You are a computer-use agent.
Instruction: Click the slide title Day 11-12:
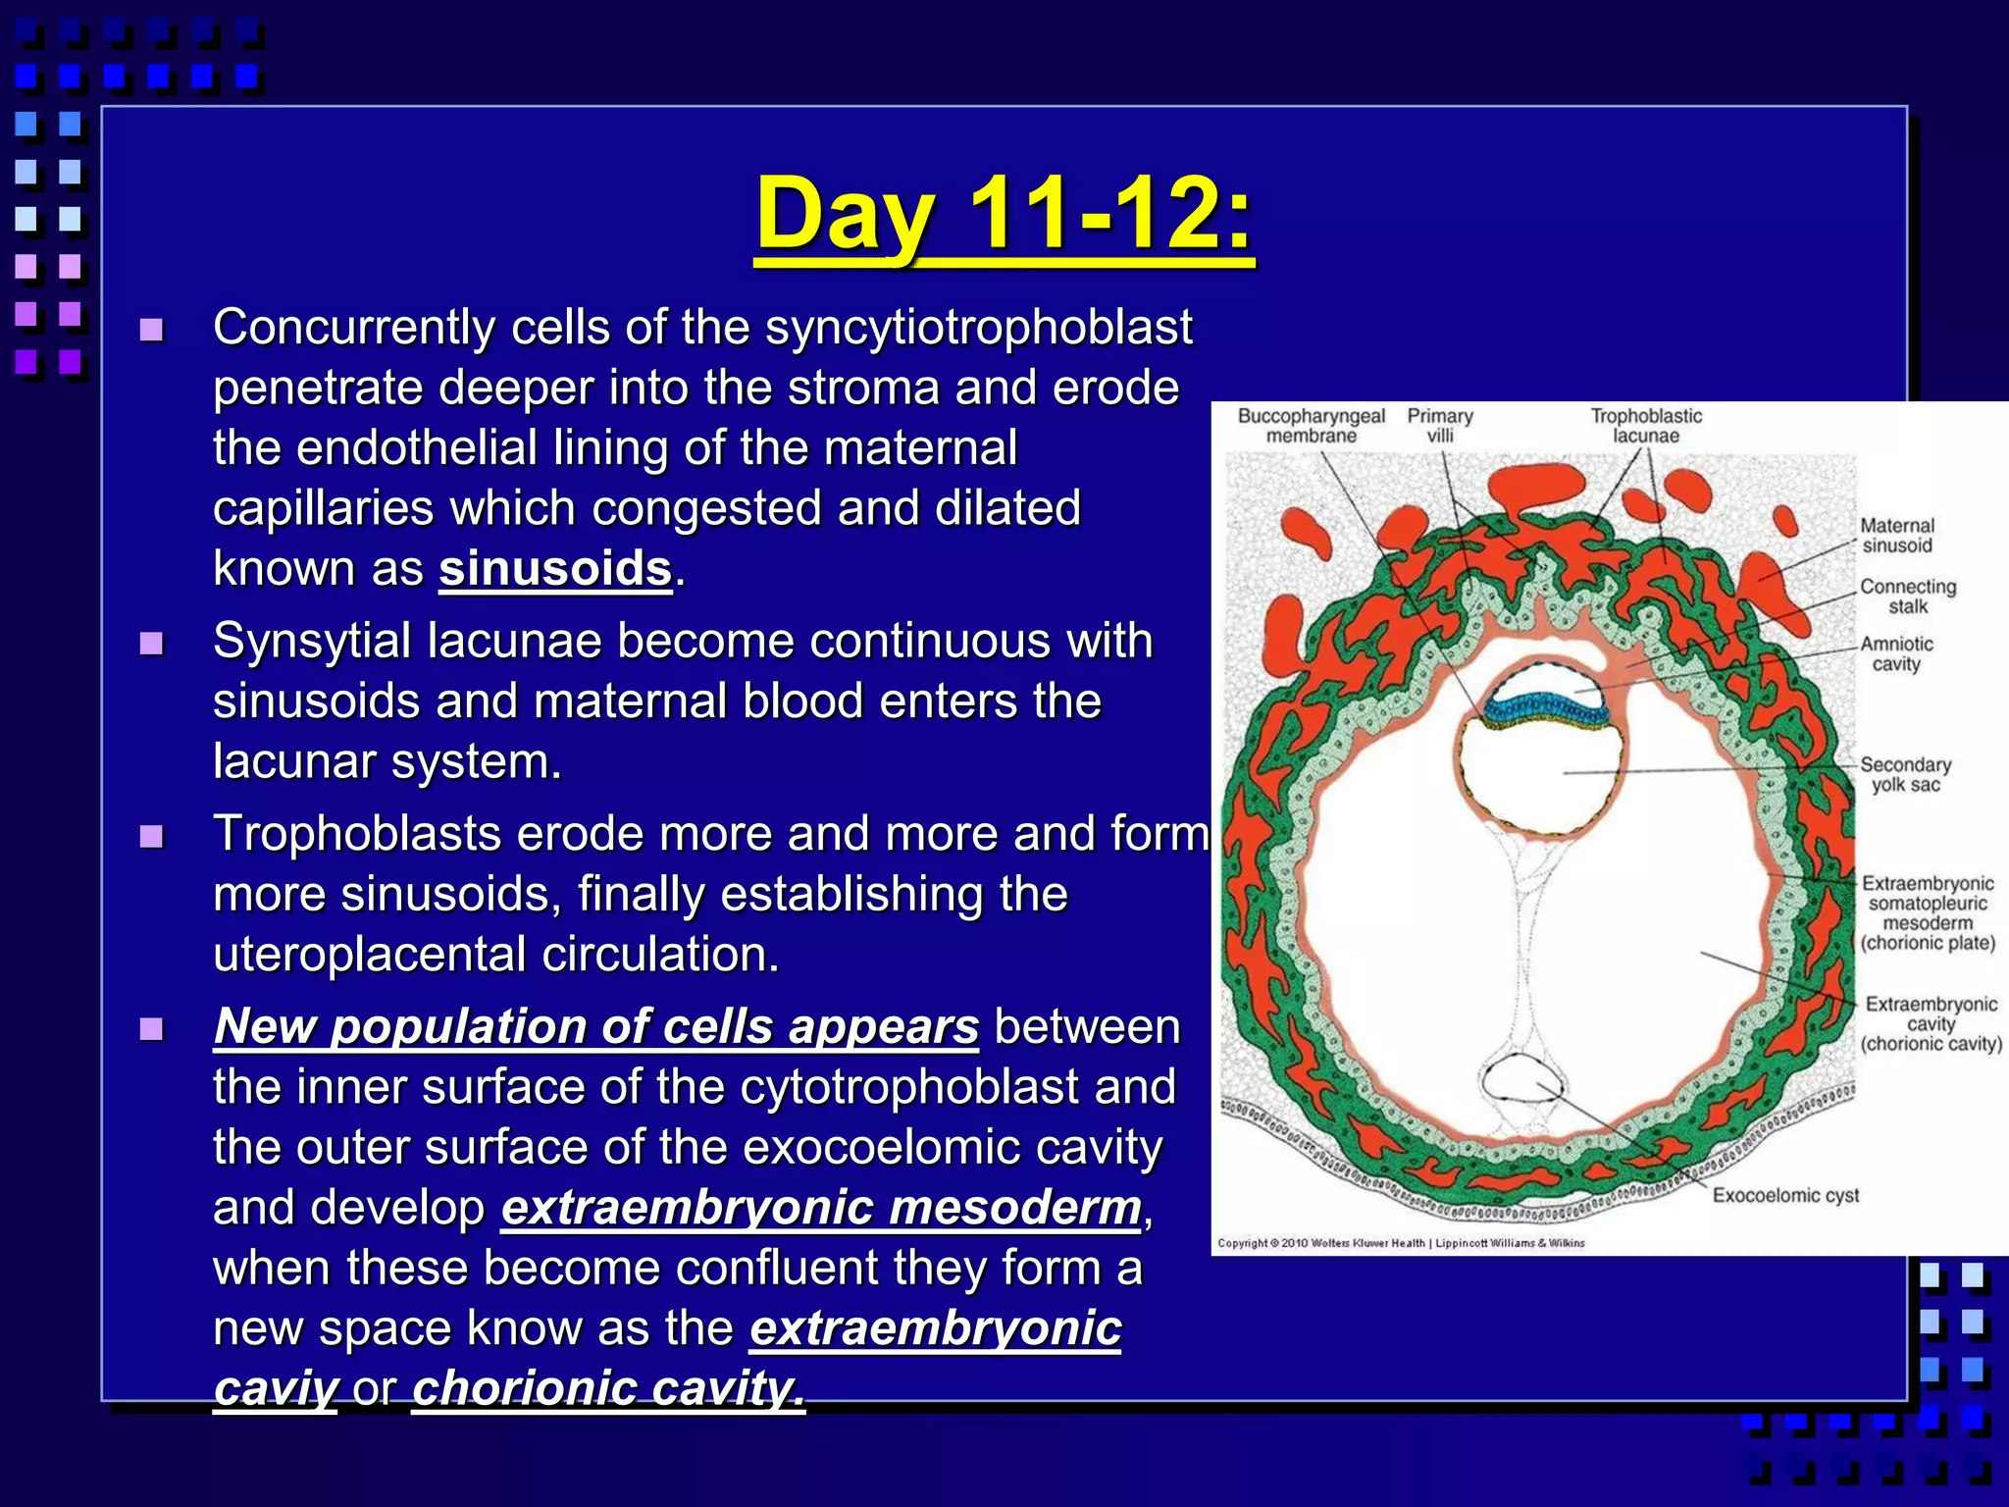[1004, 214]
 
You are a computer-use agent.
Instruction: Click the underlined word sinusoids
[555, 569]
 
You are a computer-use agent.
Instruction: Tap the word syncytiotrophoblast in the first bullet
[978, 328]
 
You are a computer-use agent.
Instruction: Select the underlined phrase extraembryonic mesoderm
[821, 1208]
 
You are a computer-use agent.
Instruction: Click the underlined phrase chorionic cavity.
[608, 1388]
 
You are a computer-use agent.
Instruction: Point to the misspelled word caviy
[276, 1388]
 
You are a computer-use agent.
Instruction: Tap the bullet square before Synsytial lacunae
[151, 645]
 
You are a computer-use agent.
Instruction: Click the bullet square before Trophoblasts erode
[151, 837]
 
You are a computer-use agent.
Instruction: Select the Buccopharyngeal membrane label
[1311, 426]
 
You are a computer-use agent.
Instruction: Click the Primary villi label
[1440, 426]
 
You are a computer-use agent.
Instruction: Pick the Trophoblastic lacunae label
[1646, 426]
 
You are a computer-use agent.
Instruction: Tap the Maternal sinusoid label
[1897, 536]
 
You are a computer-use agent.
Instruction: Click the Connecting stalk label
[1908, 597]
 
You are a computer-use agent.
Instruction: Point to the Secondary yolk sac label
[1905, 774]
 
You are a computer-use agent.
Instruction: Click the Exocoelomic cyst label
[1785, 1195]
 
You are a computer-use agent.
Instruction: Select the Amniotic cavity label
[1896, 653]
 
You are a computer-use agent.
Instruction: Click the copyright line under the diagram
[1401, 1243]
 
